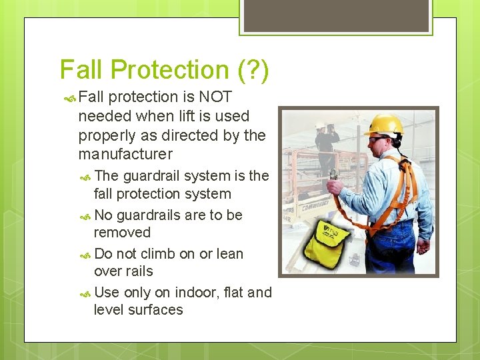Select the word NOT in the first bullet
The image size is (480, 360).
click(215, 97)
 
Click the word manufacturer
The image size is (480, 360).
click(125, 155)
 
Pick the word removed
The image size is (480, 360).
click(122, 233)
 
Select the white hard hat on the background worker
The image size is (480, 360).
click(321, 125)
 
